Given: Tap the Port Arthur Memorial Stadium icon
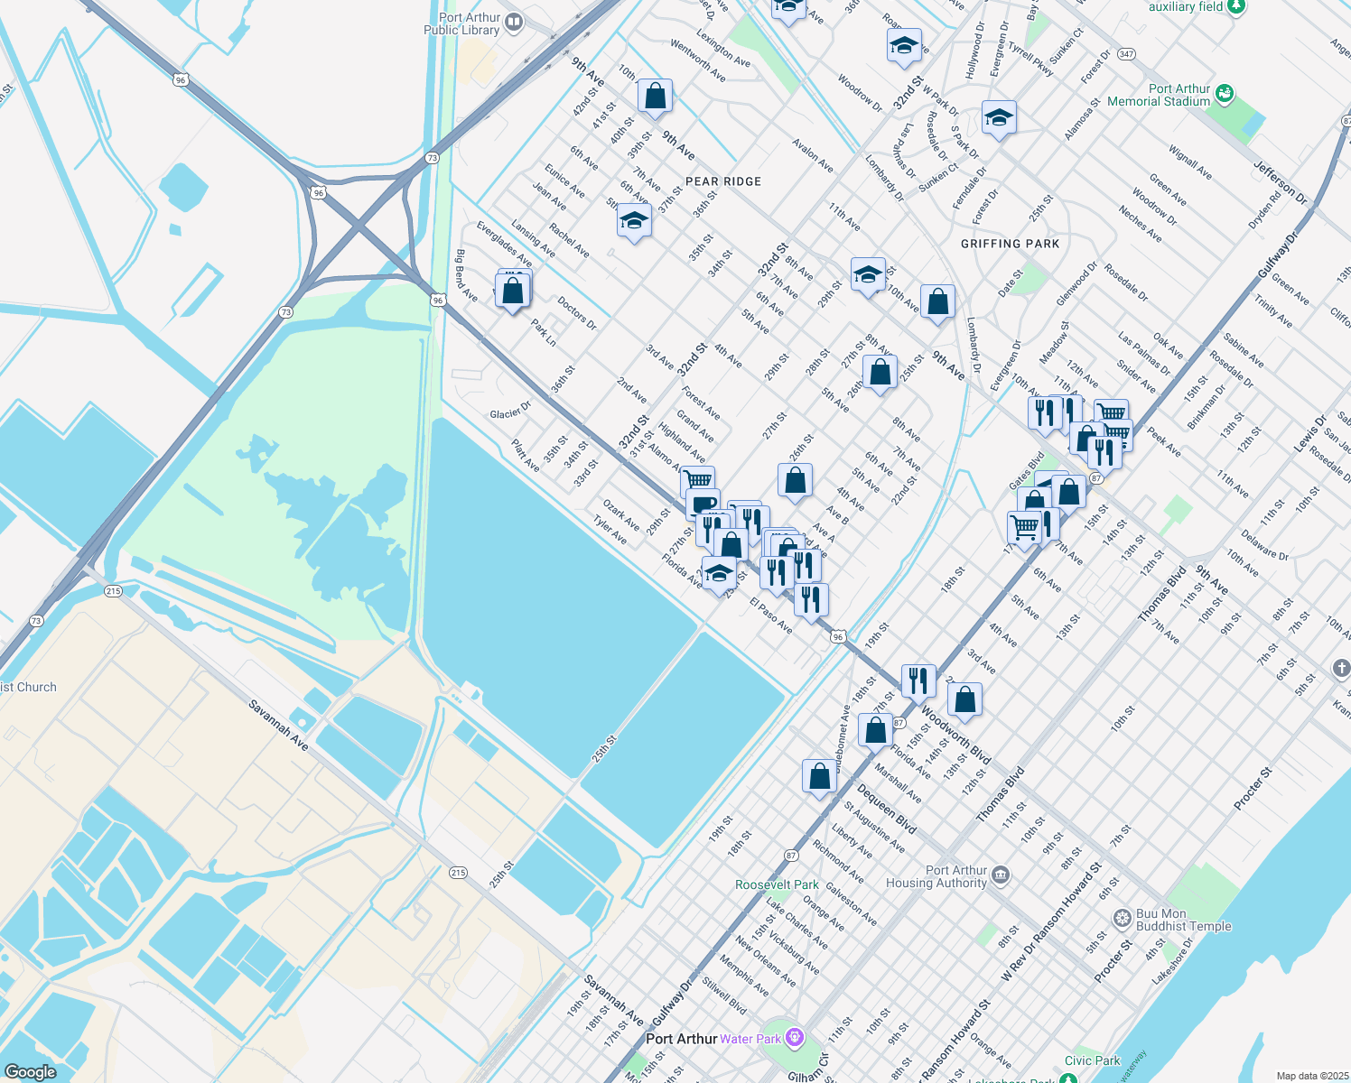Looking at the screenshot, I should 1224,92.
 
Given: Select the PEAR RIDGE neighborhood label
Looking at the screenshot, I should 723,181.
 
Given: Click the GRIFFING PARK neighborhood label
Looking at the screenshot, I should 1010,244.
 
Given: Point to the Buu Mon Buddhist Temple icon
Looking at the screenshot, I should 1122,919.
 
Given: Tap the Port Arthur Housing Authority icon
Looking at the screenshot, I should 1001,875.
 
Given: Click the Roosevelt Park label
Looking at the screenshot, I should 777,884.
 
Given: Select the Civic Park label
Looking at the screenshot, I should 1092,1060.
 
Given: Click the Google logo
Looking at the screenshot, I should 31,1071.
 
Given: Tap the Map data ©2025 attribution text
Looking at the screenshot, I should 1311,1076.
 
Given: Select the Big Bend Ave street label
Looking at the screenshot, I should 467,276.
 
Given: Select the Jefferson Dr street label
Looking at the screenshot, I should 1280,180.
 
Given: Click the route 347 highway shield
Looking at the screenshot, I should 1125,54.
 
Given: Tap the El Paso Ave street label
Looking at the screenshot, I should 771,615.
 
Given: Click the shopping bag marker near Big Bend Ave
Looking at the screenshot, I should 512,291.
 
